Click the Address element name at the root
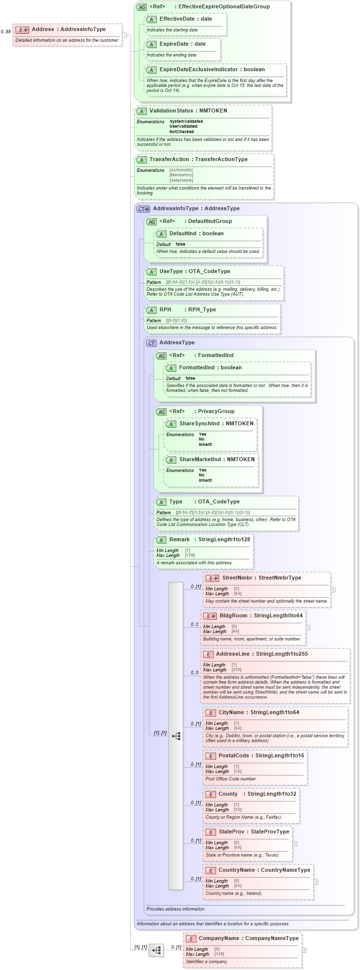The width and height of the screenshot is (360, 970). pos(43,29)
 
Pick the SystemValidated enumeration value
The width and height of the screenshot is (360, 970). pos(186,121)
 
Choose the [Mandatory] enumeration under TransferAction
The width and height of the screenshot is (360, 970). pos(181,175)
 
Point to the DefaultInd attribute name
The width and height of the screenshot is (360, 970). pos(182,233)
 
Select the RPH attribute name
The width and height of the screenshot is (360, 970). pos(165,309)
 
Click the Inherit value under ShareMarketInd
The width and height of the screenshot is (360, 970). pos(205,480)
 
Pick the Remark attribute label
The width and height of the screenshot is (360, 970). pos(179,539)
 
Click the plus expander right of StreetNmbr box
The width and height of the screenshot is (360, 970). pos(333,589)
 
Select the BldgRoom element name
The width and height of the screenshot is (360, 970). pos(233,615)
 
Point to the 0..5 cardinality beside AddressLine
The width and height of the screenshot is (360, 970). pos(194,672)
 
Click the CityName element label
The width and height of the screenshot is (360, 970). pos(231,712)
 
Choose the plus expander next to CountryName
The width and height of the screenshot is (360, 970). pos(316,882)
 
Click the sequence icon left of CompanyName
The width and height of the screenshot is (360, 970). pos(156,950)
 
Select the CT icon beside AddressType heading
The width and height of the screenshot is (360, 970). pos(151,343)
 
